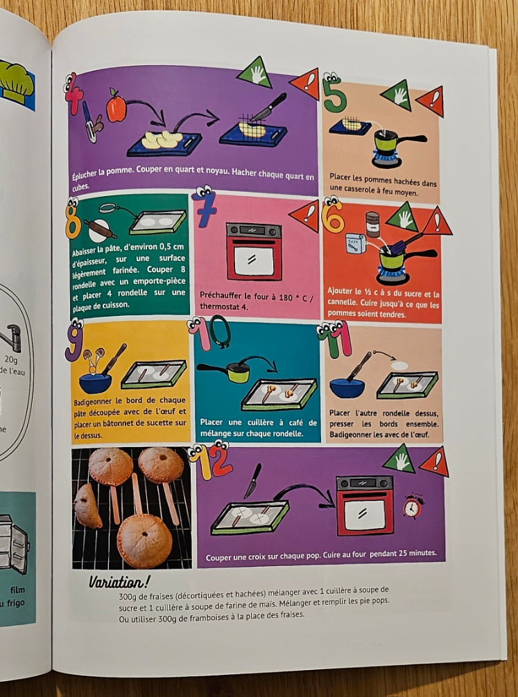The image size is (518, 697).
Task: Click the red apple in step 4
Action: pos(116,106)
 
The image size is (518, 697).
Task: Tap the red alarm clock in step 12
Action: pos(413,506)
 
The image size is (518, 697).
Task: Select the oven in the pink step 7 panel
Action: pos(254,252)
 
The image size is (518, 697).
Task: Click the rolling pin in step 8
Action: pos(100,228)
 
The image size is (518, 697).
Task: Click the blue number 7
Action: pos(205,207)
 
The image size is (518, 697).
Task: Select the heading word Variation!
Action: pos(119,582)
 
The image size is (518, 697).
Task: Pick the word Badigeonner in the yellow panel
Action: pos(92,402)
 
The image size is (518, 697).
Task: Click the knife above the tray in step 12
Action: pos(252,481)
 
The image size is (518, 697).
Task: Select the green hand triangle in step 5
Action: pos(397,95)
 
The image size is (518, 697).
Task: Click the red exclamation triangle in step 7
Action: pos(307,215)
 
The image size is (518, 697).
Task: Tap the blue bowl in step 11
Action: pos(347,387)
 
